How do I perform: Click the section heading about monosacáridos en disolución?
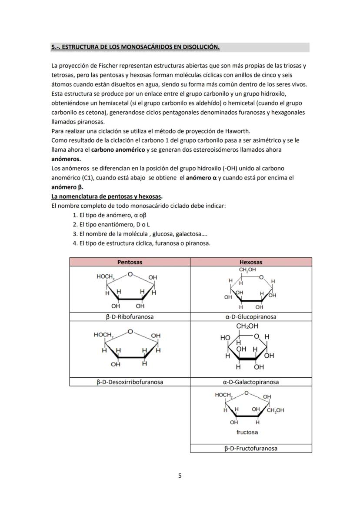click(x=135, y=47)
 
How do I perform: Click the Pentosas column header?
click(x=130, y=262)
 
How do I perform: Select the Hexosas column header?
click(x=251, y=262)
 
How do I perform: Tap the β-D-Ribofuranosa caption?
click(x=130, y=317)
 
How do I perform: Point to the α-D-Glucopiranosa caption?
click(x=251, y=317)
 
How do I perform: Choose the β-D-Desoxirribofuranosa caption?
click(x=130, y=382)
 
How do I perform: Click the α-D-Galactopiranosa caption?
click(x=251, y=382)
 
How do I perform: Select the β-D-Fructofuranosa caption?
click(x=251, y=448)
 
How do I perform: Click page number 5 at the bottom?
click(x=180, y=476)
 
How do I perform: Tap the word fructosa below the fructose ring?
click(x=247, y=432)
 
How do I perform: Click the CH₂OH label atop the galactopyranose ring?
click(x=247, y=326)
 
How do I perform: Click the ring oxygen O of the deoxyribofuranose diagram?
click(x=130, y=331)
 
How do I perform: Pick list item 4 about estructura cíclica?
click(x=141, y=243)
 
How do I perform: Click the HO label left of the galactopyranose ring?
click(x=225, y=337)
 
